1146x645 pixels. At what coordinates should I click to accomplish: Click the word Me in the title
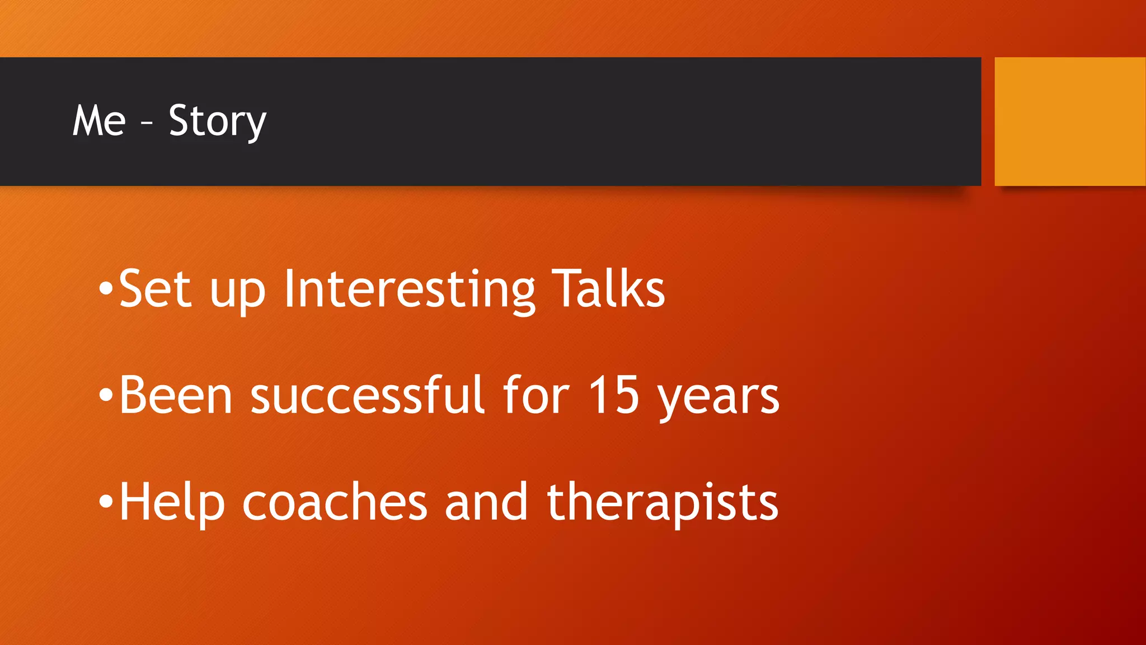tap(99, 121)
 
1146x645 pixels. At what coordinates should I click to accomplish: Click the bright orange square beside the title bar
tap(1069, 121)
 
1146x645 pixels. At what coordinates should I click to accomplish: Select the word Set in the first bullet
tap(155, 289)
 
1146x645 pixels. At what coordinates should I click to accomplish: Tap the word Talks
tap(608, 289)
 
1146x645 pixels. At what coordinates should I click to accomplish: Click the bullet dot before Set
tap(106, 289)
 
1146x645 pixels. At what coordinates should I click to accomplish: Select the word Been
tap(176, 395)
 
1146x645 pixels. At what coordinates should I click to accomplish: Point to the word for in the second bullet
tap(536, 395)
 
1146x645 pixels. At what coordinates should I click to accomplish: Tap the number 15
tap(614, 395)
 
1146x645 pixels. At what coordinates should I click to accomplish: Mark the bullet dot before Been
tap(106, 396)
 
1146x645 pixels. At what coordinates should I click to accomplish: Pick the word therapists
tap(662, 504)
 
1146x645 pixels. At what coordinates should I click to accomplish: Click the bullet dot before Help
tap(106, 502)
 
